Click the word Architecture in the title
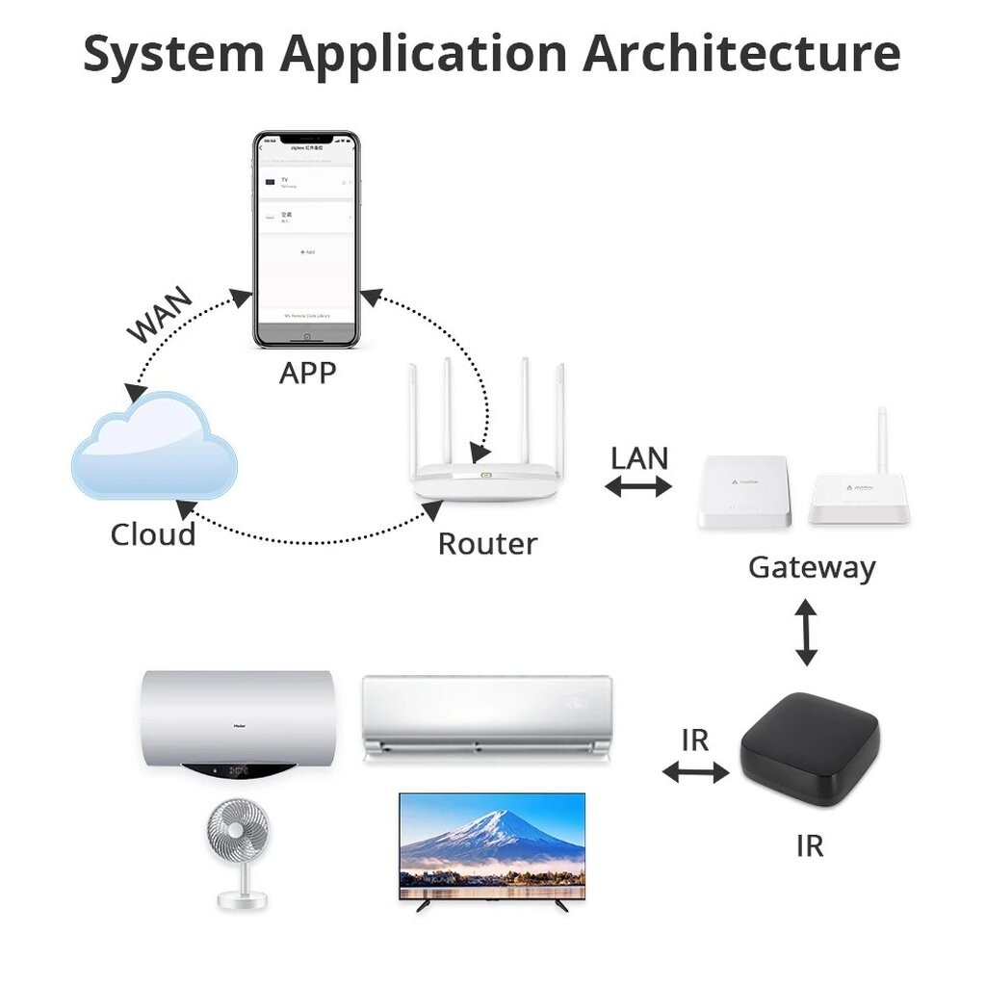point(741,55)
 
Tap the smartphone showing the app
point(306,241)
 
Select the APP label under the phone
point(307,372)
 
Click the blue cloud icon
point(154,449)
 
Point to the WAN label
point(160,314)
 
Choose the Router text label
point(487,544)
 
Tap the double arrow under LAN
point(637,487)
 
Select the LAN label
point(639,457)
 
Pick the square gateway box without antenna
point(742,491)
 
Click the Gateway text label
point(812,567)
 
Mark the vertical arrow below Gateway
point(807,632)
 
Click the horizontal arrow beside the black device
point(695,771)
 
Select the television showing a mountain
point(492,845)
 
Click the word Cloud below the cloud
point(153,534)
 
